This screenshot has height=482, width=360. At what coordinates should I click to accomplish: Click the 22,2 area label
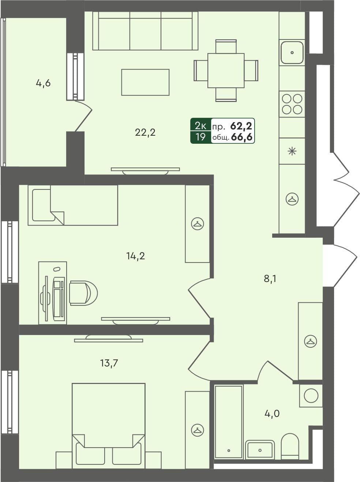pos(145,132)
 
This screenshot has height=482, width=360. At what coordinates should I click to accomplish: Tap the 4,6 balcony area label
pos(43,83)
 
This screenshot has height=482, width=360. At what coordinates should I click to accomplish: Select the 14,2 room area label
pos(136,256)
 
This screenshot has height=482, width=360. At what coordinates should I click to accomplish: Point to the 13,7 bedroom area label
pos(109,363)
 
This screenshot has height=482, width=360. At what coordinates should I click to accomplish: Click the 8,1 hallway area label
pos(270,279)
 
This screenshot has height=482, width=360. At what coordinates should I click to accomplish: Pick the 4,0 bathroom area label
pos(272,414)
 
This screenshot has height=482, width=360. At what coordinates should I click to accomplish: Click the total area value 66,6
pos(242,138)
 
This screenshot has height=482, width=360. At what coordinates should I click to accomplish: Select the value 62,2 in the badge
pos(241,127)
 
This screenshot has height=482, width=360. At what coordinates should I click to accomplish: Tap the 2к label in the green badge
pos(201,126)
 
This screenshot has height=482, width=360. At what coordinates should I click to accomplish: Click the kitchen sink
pos(292,52)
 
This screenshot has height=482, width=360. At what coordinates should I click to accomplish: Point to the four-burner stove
pos(292,104)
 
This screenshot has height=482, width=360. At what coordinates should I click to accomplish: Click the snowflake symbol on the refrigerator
pos(292,151)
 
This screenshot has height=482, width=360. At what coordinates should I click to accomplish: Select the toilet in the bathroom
pos(290,446)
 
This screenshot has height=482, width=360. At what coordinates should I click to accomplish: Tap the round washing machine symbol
pos(311,396)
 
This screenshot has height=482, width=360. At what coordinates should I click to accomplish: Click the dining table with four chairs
pos(226,71)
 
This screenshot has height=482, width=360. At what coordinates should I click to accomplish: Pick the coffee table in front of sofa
pos(145,82)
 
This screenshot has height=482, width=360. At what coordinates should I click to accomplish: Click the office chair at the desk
pos(83,293)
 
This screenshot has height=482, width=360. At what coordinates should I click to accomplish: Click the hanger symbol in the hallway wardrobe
pos(310,342)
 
